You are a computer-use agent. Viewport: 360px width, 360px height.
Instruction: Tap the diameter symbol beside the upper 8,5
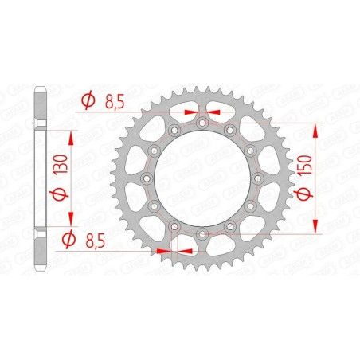88,100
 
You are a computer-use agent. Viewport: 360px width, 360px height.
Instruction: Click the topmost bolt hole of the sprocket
202,123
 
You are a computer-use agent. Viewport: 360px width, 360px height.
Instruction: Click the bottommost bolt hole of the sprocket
202,233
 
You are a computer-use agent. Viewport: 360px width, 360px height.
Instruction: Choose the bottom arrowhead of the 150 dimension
319,229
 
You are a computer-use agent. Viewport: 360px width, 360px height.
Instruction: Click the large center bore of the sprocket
202,178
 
